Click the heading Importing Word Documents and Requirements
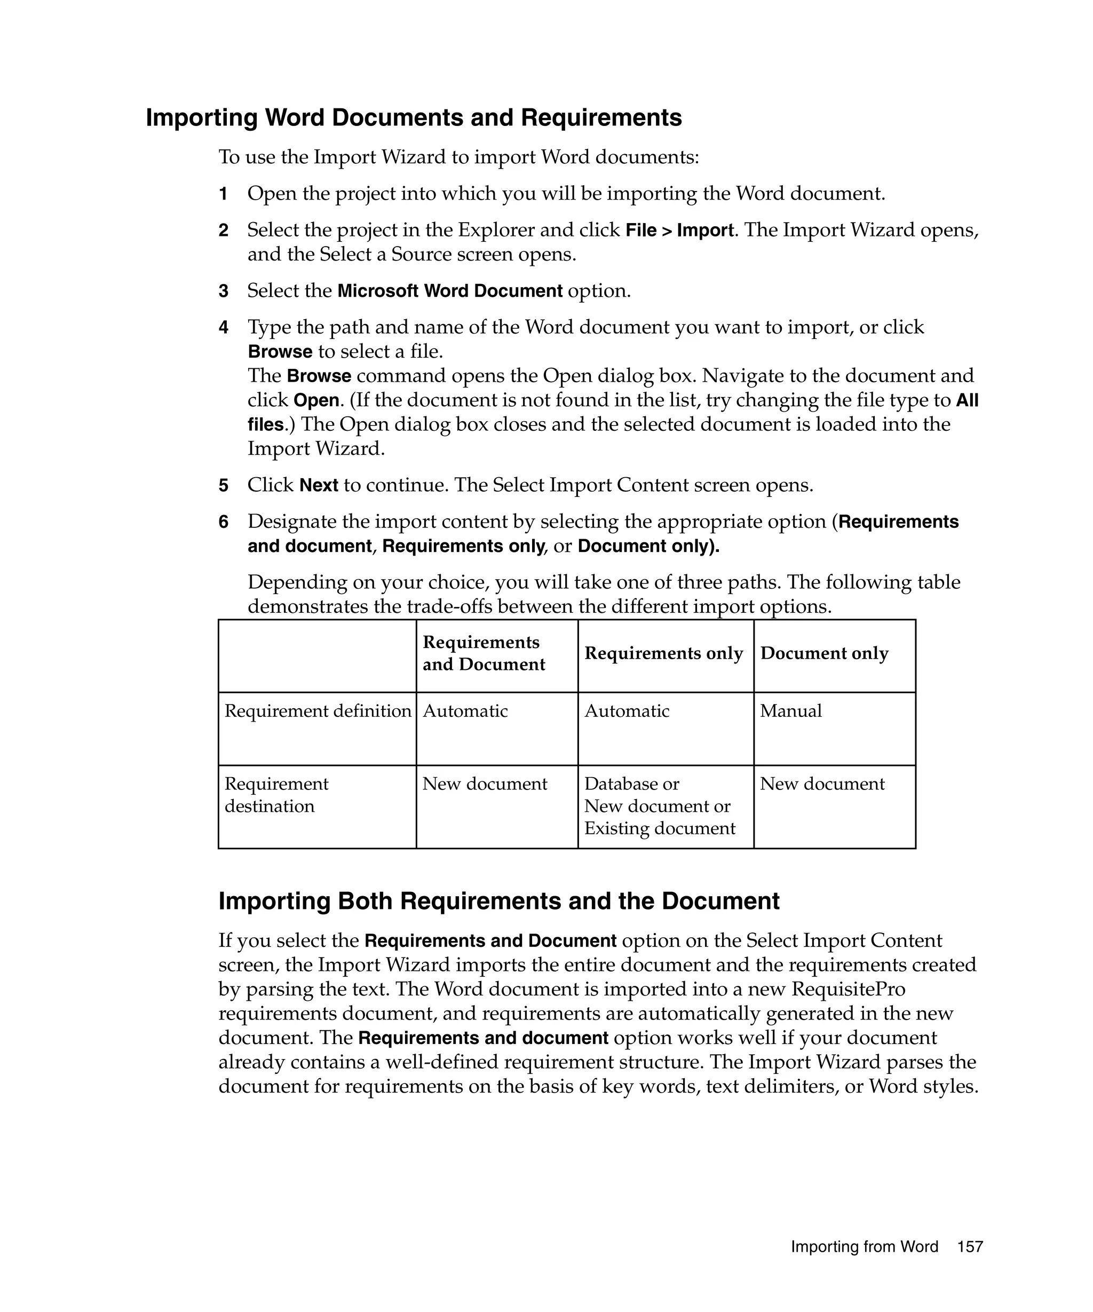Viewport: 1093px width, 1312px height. point(414,117)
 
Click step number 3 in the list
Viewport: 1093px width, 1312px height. point(223,291)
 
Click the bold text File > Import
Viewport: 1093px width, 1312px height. point(679,231)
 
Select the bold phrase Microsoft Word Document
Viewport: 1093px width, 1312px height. point(450,291)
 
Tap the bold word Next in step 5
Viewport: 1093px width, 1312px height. point(319,485)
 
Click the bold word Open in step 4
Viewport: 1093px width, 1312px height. point(316,400)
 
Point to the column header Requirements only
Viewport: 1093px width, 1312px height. point(663,653)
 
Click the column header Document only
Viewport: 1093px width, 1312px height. point(824,653)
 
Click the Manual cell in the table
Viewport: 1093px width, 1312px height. point(791,711)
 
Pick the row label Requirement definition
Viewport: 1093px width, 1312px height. point(318,711)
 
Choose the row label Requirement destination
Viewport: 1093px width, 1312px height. point(276,795)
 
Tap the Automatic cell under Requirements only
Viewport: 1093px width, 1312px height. point(627,711)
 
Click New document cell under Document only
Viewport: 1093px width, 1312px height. point(822,784)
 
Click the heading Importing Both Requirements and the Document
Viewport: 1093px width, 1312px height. point(498,901)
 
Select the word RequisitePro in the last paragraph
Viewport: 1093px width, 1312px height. point(848,989)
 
